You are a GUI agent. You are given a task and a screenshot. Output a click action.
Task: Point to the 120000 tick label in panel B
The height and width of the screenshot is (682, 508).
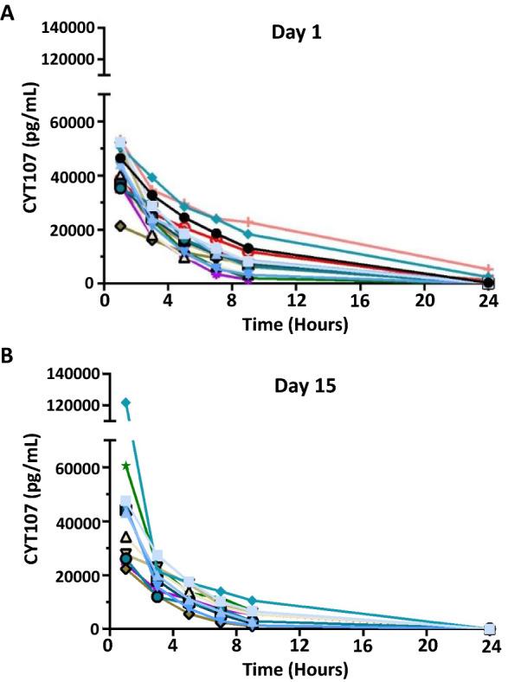tap(69, 405)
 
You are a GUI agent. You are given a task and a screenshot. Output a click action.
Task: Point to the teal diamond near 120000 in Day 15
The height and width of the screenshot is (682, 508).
tap(125, 402)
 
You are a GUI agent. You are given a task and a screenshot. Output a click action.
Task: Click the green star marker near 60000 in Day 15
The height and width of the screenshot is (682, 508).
tap(126, 466)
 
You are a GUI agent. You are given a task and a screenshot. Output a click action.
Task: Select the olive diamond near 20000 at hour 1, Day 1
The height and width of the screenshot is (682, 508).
tap(121, 226)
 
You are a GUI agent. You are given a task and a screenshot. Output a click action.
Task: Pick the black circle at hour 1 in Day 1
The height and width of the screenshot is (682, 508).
tap(121, 158)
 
